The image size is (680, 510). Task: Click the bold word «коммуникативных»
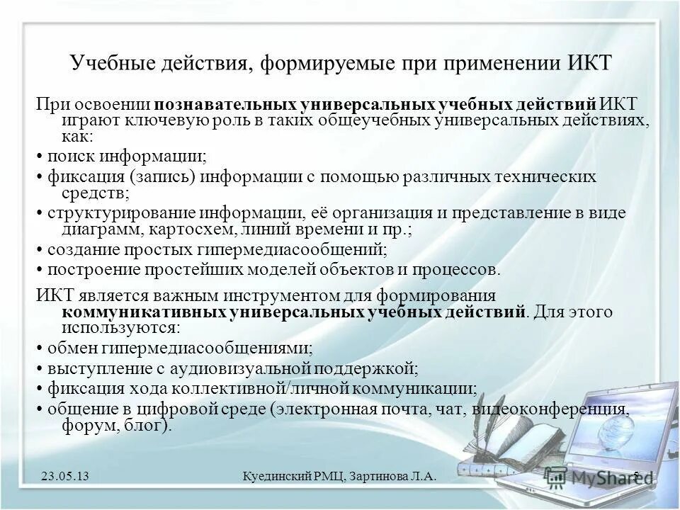pos(145,312)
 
